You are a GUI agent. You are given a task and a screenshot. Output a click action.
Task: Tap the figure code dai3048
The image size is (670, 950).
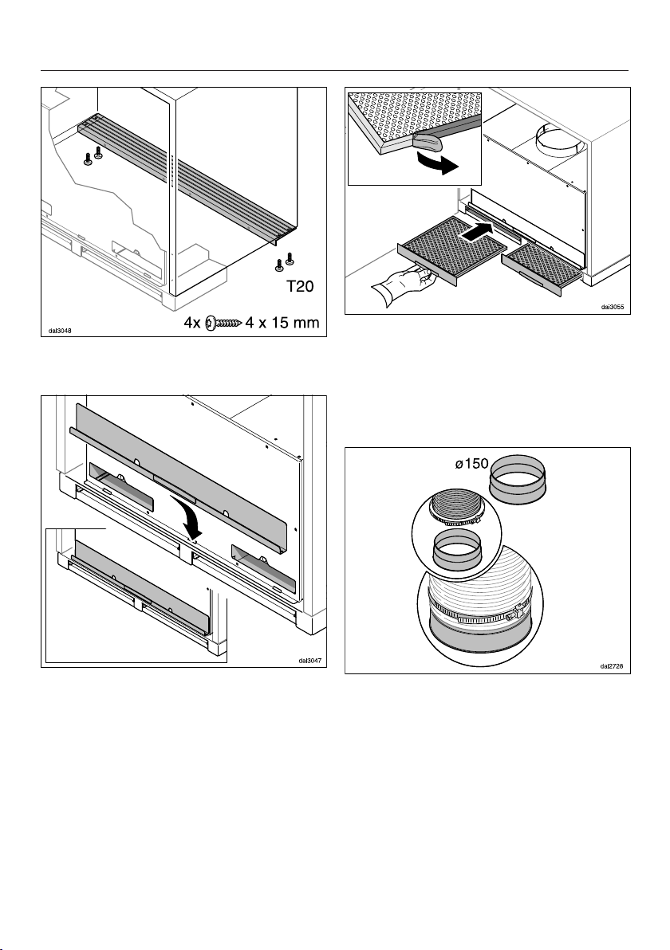coord(60,332)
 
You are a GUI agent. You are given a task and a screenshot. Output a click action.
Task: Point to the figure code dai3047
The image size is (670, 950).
coord(307,660)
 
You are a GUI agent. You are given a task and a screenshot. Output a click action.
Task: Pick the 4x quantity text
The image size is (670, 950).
coord(191,324)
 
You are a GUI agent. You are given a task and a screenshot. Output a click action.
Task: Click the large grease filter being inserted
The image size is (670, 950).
coord(451,248)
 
